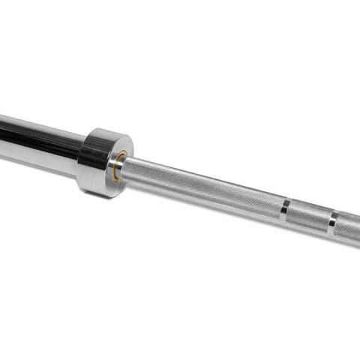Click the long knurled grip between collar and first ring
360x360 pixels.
(x=202, y=187)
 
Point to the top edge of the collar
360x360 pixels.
(x=105, y=131)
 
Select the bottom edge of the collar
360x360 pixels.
(x=101, y=195)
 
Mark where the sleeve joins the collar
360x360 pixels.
(x=79, y=154)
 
